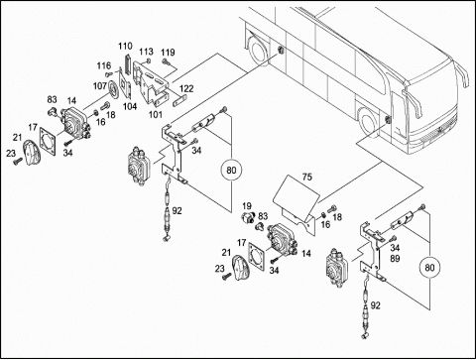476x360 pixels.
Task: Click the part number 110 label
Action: point(125,46)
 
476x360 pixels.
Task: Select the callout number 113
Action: point(146,52)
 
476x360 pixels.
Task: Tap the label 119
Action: point(168,53)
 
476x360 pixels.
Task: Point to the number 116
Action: point(104,65)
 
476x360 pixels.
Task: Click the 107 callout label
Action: point(100,86)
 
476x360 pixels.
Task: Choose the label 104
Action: point(130,106)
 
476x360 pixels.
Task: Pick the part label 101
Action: point(156,115)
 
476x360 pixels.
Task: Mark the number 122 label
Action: point(186,88)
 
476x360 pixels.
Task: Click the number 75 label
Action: point(307,178)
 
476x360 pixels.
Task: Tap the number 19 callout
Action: point(247,206)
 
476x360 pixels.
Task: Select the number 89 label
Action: point(395,258)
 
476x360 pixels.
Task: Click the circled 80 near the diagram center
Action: point(231,171)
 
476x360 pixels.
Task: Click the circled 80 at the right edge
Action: point(429,267)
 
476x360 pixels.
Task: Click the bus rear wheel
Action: point(258,51)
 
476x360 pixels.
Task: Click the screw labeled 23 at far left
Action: point(17,162)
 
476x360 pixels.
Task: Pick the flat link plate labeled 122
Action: point(179,100)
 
